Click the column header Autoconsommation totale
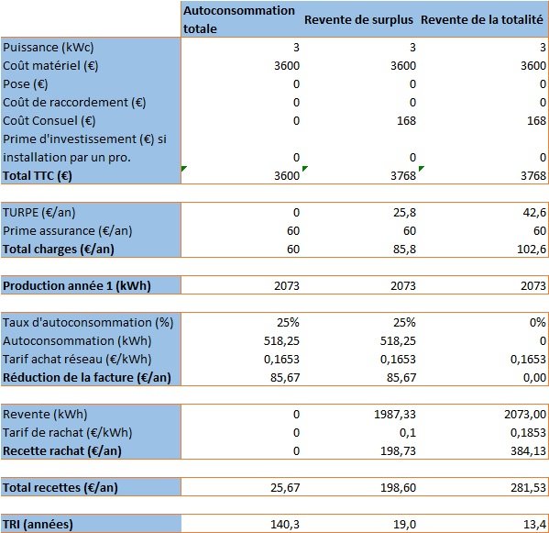pos(239,19)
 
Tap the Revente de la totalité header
pos(483,20)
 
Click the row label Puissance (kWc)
pos(49,48)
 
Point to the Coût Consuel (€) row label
pos(55,120)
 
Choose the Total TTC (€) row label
pos(39,174)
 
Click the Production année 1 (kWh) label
pos(76,286)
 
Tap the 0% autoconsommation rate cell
pos(535,323)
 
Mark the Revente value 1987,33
pos(394,414)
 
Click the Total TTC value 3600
pos(287,174)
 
